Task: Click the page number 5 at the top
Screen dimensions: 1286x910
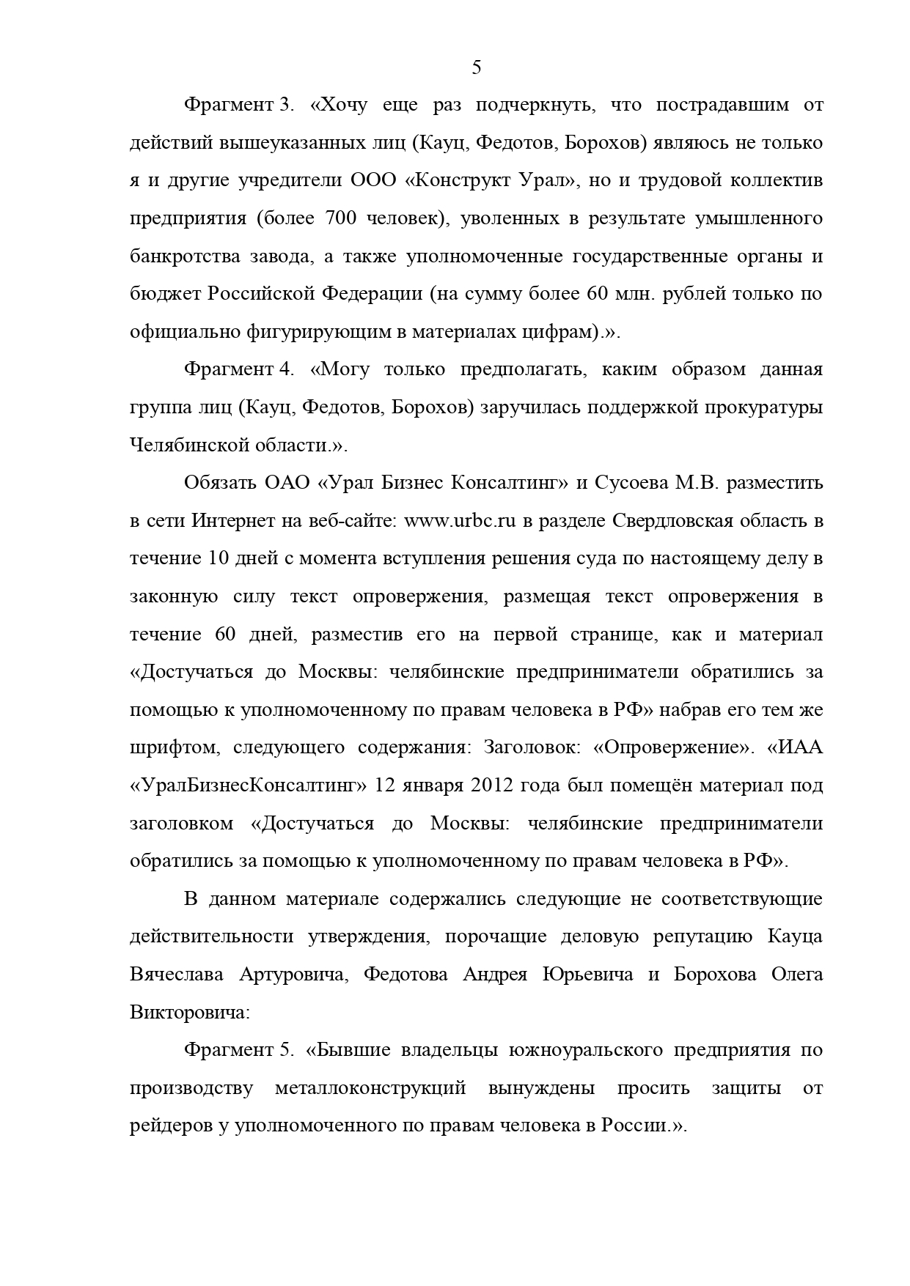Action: (477, 68)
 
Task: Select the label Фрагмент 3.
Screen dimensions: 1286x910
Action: (239, 105)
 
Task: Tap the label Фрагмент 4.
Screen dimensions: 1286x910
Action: (239, 369)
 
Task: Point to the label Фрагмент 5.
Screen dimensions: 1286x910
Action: (239, 1050)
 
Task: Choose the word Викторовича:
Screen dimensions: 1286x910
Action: (190, 1013)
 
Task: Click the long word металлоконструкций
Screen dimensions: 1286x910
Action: (370, 1088)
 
